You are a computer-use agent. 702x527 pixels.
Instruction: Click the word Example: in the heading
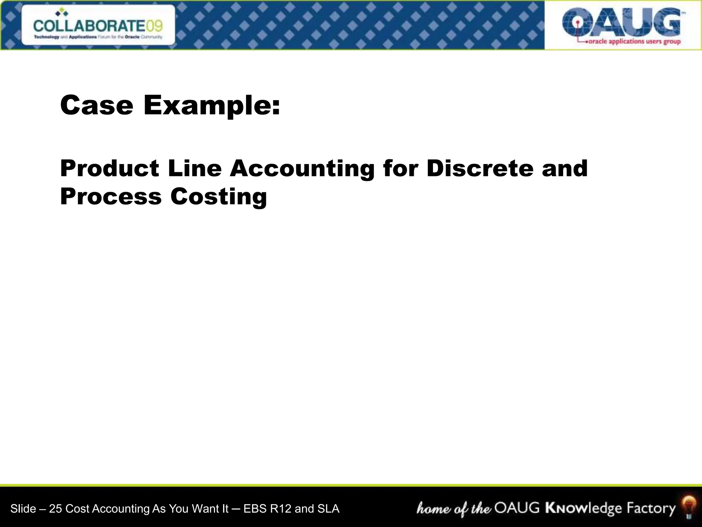pyautogui.click(x=211, y=106)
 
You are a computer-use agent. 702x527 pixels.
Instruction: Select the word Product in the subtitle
pyautogui.click(x=110, y=168)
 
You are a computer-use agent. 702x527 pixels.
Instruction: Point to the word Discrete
pyautogui.click(x=480, y=168)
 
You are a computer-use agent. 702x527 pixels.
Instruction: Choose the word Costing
pyautogui.click(x=219, y=197)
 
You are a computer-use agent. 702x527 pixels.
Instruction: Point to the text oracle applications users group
pyautogui.click(x=634, y=42)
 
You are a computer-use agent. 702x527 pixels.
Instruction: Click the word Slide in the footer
pyautogui.click(x=23, y=508)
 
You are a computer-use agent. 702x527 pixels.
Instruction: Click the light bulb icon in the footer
pyautogui.click(x=689, y=508)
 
